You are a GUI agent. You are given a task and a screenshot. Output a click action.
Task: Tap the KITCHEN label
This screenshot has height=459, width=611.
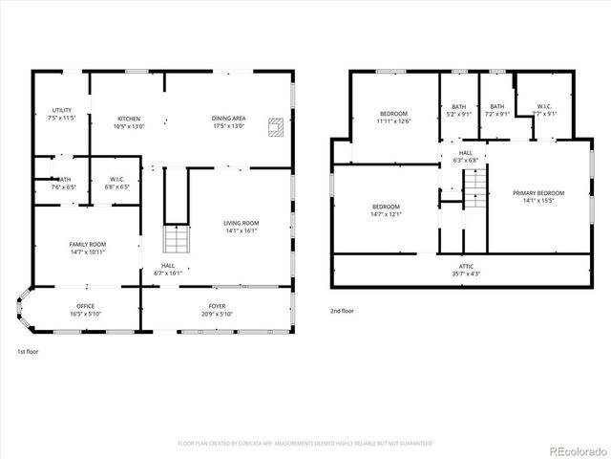pos(129,119)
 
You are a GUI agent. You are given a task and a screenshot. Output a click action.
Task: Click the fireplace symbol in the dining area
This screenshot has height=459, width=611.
pos(276,126)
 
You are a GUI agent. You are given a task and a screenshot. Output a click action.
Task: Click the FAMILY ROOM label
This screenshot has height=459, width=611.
pos(87,244)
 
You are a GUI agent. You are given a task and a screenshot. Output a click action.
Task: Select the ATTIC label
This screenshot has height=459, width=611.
pos(466,266)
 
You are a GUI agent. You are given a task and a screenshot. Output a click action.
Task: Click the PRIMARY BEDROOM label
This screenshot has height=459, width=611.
pos(538,193)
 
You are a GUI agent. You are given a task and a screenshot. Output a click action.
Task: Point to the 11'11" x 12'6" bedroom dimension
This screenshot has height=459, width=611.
pos(393,121)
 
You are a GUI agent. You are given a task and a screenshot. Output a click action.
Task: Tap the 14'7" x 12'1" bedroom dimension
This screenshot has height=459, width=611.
pos(386,213)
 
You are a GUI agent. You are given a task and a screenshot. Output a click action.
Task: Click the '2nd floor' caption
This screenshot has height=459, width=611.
pos(343,311)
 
